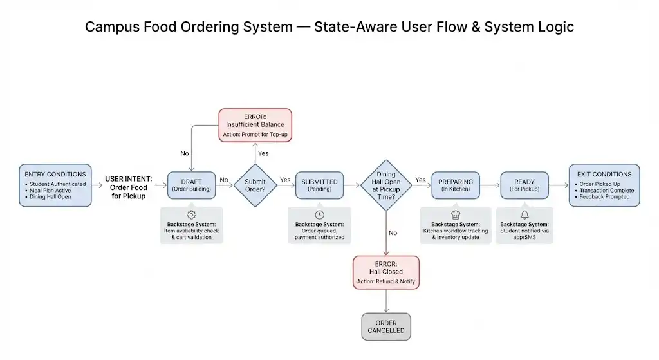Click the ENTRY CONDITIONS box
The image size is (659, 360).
pos(55,185)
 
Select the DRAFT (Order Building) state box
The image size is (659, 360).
pos(191,185)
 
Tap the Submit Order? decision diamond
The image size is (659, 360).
pos(255,185)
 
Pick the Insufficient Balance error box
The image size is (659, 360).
pos(255,126)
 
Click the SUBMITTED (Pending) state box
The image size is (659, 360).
pos(319,185)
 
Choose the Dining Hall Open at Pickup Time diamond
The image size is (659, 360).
pos(386,185)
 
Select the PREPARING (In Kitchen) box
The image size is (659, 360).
pos(456,185)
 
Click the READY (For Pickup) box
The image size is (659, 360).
pos(524,185)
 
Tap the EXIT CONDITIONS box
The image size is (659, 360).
pos(604,185)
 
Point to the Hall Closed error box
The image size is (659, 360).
pos(386,272)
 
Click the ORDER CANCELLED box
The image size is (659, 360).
pos(386,327)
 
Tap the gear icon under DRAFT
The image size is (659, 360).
pos(191,215)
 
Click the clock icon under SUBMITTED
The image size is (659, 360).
pos(319,215)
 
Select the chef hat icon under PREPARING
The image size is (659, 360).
pos(456,215)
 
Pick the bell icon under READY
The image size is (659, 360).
pos(524,215)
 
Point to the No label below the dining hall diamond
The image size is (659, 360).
pos(393,233)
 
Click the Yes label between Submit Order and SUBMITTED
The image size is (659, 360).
pos(285,180)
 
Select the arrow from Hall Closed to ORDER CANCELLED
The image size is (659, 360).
pos(386,301)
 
